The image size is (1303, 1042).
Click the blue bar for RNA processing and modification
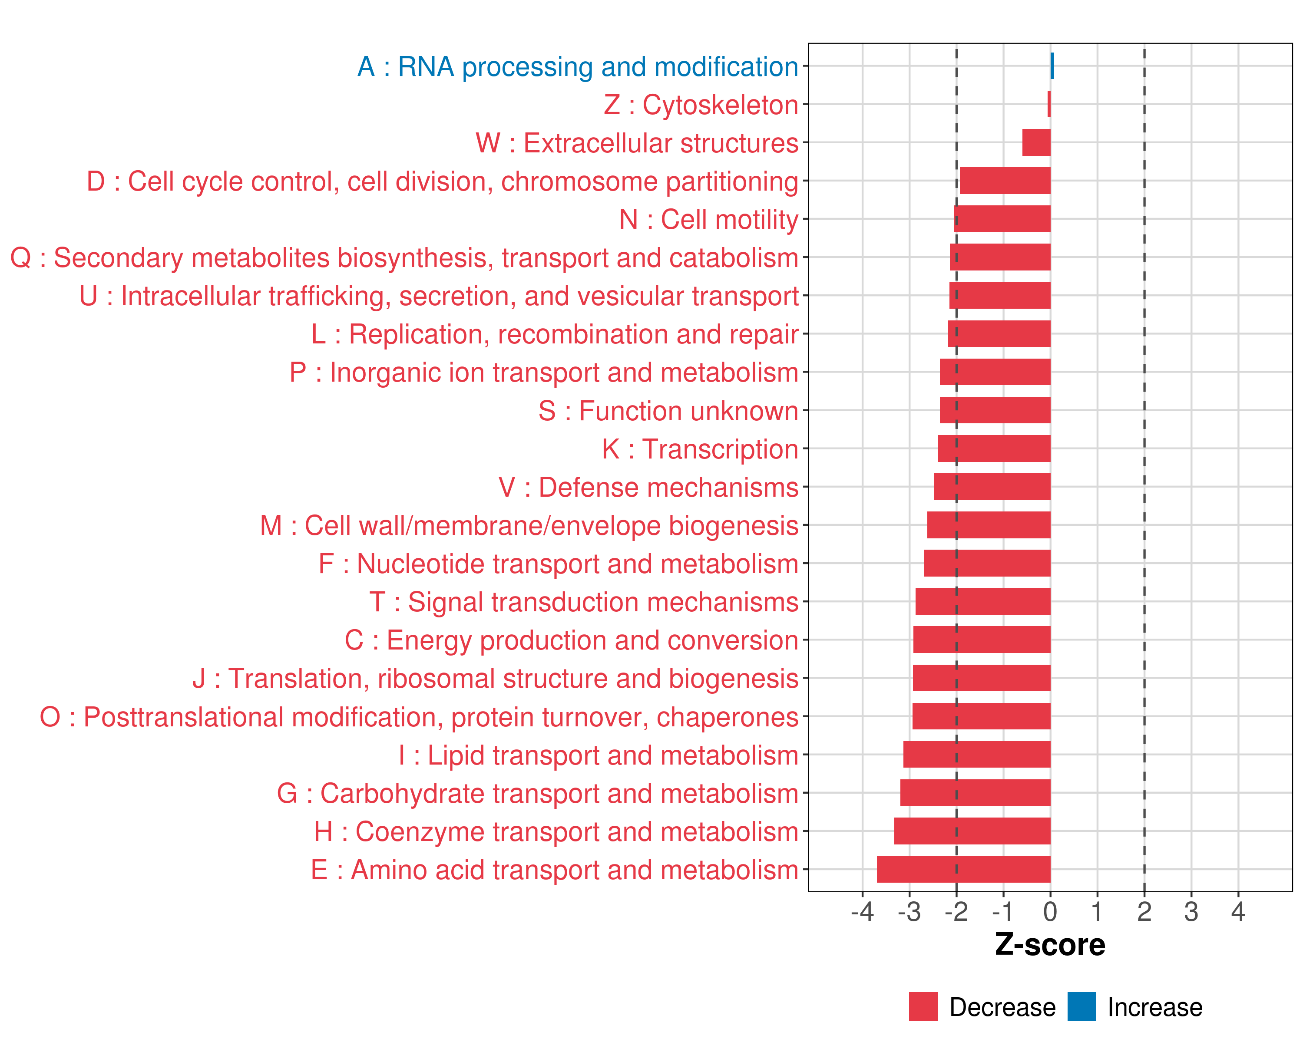pyautogui.click(x=1052, y=66)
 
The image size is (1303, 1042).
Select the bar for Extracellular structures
pyautogui.click(x=1036, y=142)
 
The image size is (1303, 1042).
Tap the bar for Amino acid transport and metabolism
pyautogui.click(x=963, y=869)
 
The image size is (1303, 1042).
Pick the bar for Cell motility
pyautogui.click(x=1002, y=219)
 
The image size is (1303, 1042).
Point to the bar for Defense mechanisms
pyautogui.click(x=992, y=487)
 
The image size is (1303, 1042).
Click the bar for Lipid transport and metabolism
pyautogui.click(x=977, y=755)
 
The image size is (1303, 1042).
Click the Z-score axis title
pyautogui.click(x=1050, y=945)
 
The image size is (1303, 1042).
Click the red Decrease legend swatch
pyautogui.click(x=923, y=1006)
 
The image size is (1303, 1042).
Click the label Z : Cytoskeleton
pyautogui.click(x=701, y=105)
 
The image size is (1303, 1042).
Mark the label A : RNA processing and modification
pyautogui.click(x=578, y=66)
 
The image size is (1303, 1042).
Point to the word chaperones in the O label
pyautogui.click(x=728, y=717)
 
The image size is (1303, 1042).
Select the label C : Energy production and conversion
pyautogui.click(x=572, y=640)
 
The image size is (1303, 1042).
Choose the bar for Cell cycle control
pyautogui.click(x=1005, y=181)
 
